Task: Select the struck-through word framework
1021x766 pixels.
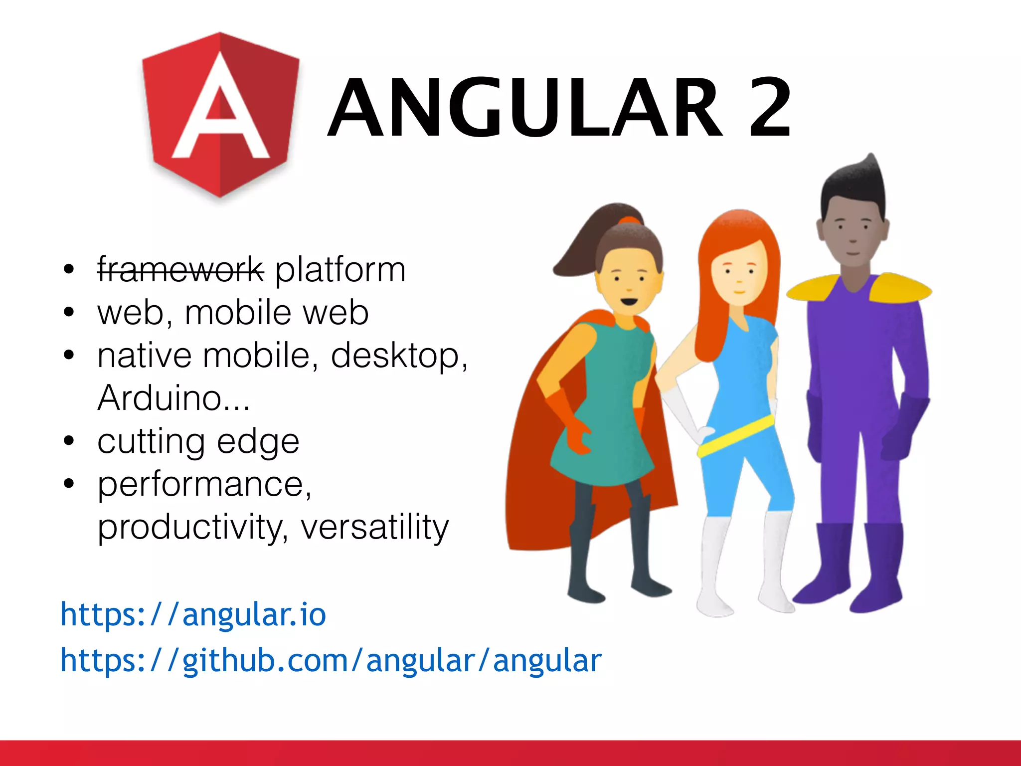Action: (180, 269)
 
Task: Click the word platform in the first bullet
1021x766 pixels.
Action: (340, 270)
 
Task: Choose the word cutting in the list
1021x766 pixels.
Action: (151, 442)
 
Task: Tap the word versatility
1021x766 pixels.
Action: (375, 528)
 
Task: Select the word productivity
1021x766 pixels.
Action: (192, 528)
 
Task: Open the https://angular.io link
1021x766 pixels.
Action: (193, 614)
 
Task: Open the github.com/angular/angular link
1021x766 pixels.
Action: (331, 660)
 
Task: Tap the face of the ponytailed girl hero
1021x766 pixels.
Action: (629, 284)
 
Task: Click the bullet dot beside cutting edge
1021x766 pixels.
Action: (69, 441)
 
